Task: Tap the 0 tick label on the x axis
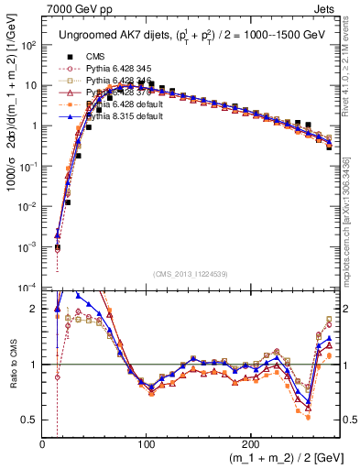[x=43, y=444]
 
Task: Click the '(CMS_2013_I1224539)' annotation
[x=190, y=274]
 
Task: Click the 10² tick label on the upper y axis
[x=29, y=46]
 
